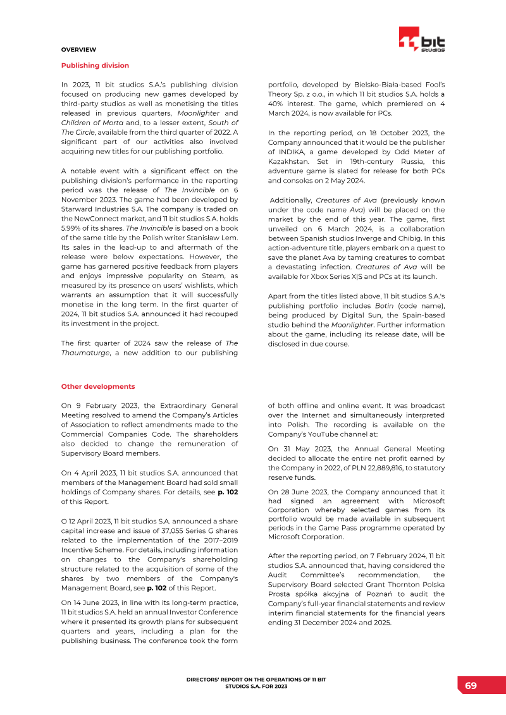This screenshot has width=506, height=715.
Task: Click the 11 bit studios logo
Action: [422, 40]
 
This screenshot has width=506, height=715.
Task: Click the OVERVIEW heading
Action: [78, 49]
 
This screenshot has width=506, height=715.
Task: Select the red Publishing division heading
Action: [95, 65]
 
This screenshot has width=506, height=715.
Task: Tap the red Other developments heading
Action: [98, 386]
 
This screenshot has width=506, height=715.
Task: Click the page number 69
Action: [471, 686]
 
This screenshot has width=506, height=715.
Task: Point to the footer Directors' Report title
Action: [256, 683]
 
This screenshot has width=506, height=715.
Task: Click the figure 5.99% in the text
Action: [71, 228]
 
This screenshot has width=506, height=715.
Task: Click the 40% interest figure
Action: [278, 104]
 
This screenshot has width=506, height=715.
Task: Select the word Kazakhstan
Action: [289, 161]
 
